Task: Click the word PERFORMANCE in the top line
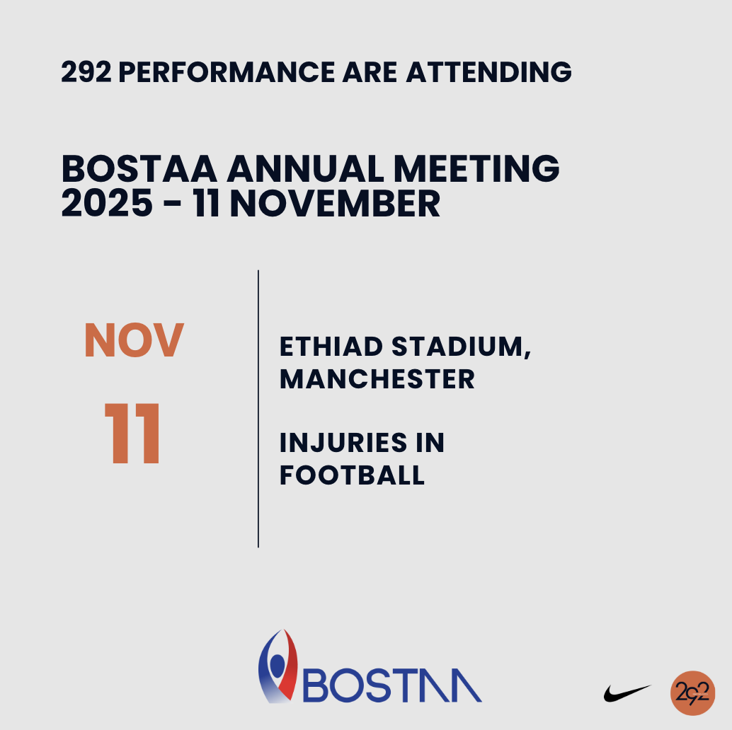point(227,72)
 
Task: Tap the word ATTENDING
point(488,72)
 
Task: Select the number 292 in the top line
point(86,72)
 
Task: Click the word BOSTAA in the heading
point(139,169)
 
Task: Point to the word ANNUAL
point(305,169)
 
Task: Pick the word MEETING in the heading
point(476,169)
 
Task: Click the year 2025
point(107,204)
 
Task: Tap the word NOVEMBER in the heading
point(335,204)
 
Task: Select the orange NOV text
point(134,340)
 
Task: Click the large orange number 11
point(132,434)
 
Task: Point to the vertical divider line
point(258,409)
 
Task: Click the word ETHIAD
point(331,347)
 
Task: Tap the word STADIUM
point(462,347)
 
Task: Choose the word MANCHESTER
point(377,378)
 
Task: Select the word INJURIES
point(343,443)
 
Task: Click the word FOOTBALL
point(352,475)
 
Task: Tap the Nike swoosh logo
point(627,693)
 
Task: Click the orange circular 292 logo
point(693,693)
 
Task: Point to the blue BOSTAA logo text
point(392,685)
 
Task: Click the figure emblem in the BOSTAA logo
point(278,666)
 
